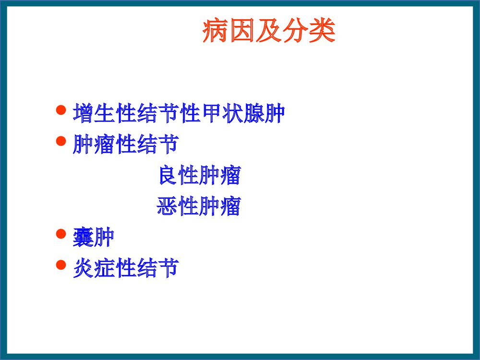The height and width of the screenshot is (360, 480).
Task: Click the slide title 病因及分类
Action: point(268,32)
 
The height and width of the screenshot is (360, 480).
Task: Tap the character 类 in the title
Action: point(323,32)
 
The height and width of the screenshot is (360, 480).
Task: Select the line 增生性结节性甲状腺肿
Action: point(179,113)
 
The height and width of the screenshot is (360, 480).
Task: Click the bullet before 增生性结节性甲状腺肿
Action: point(60,111)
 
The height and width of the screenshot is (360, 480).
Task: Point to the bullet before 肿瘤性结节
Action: point(60,141)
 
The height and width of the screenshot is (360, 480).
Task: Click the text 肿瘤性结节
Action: point(126,144)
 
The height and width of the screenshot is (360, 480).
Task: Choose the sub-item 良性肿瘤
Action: point(199,176)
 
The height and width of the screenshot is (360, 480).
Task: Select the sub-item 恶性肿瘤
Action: point(198,207)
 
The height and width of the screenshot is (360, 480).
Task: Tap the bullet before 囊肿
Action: point(60,234)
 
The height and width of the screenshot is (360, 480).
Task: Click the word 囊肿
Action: point(93,238)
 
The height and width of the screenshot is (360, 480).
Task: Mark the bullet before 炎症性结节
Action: point(60,264)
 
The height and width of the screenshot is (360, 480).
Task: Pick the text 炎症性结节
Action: point(126,268)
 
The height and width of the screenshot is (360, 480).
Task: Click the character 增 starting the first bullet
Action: point(83,113)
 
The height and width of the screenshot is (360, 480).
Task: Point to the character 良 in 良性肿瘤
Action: point(167,176)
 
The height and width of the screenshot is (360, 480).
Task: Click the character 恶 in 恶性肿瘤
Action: point(167,207)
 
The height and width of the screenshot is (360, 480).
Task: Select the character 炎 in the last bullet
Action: point(83,268)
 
